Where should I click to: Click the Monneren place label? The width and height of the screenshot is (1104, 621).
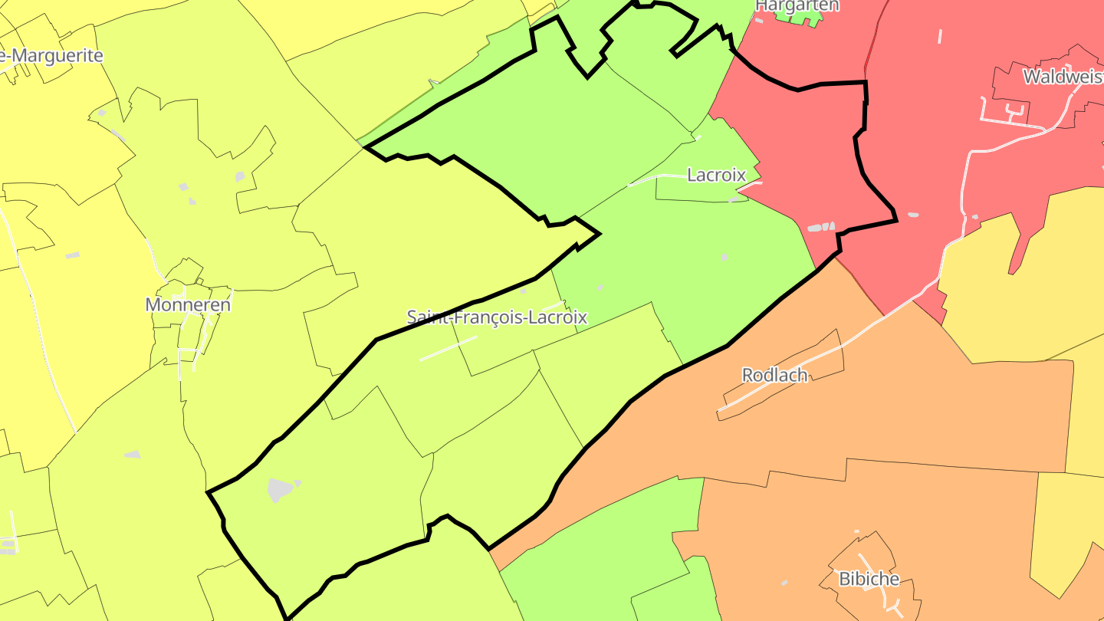[x=188, y=304]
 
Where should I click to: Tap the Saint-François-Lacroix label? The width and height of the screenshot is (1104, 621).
[x=497, y=317]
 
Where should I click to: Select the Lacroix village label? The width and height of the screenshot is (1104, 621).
[x=716, y=175]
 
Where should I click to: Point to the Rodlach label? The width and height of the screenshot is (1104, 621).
[x=775, y=375]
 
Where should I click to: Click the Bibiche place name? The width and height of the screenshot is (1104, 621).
[x=869, y=579]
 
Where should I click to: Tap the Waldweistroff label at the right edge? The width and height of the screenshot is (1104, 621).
[x=1064, y=77]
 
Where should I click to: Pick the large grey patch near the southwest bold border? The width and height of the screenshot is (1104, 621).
[x=280, y=490]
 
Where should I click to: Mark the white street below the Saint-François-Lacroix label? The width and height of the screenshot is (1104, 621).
[x=448, y=348]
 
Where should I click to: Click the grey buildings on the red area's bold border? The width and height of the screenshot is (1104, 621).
[x=821, y=227]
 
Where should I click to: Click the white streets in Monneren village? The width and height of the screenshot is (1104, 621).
[x=184, y=337]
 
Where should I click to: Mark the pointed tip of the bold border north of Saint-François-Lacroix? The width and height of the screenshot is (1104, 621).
[x=598, y=233]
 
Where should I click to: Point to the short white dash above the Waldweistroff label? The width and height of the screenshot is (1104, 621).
[x=940, y=36]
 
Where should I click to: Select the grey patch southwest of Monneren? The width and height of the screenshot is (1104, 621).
[x=133, y=455]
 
